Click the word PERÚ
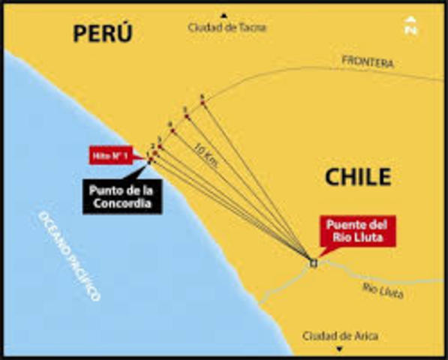pos(102,34)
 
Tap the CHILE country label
pos(358,177)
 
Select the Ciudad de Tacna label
pos(227,28)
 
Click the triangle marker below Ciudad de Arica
pos(339,349)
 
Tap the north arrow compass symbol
pos(410,26)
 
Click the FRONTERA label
pos(367,62)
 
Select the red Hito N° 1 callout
pos(111,154)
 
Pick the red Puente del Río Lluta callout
pos(357,231)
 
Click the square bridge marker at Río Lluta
pos(312,262)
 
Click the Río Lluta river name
pos(383,289)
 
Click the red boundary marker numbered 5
pos(185,116)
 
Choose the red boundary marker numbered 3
pos(159,145)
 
